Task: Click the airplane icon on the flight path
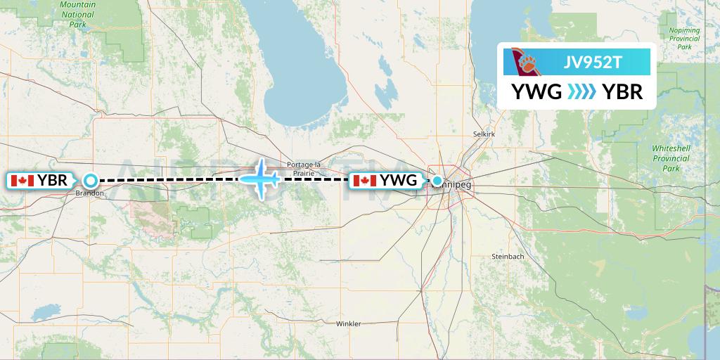click(x=261, y=179)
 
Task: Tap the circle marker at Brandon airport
click(x=90, y=180)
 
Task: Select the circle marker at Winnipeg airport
click(x=437, y=181)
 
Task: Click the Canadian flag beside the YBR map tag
click(x=22, y=181)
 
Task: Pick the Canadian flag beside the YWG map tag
click(x=365, y=181)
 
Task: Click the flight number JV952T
click(x=593, y=63)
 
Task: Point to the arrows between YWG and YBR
click(x=581, y=91)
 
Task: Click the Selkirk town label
click(x=484, y=133)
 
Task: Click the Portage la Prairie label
click(x=304, y=169)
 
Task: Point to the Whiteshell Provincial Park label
click(x=670, y=159)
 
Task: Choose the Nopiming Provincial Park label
click(x=684, y=39)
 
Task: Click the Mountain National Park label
click(x=77, y=14)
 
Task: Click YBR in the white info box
click(x=622, y=91)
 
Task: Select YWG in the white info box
click(x=536, y=91)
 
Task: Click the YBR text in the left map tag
click(x=53, y=181)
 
